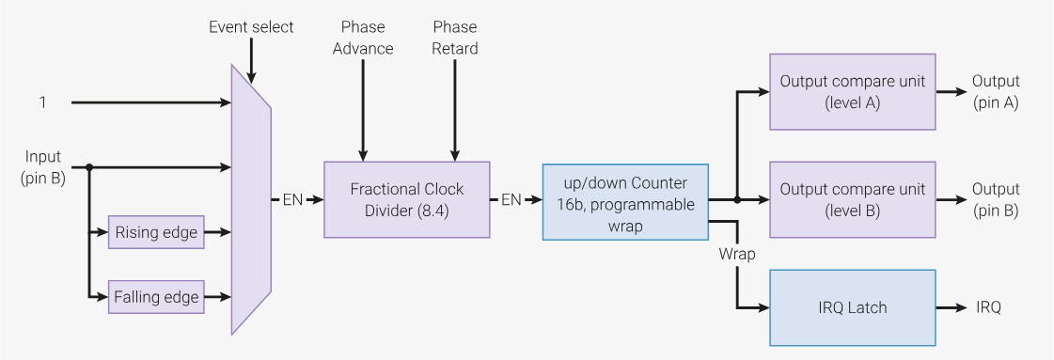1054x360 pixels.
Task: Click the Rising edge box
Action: [x=156, y=232]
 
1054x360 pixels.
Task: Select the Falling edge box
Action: [x=156, y=297]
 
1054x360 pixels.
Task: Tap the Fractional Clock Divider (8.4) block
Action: [x=406, y=199]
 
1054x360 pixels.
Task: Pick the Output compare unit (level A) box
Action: [x=852, y=92]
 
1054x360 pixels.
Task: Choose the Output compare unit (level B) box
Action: [x=852, y=199]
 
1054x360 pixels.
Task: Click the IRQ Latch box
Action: [x=852, y=307]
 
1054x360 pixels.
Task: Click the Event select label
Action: [x=251, y=26]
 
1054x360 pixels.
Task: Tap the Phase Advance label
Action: [x=363, y=38]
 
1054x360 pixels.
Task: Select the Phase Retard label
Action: [x=455, y=38]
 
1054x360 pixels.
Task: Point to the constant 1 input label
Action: [x=42, y=102]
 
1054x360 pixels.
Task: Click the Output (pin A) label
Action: [x=995, y=92]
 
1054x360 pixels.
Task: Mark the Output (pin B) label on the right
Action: [x=995, y=199]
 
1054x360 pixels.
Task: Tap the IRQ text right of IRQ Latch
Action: [x=988, y=307]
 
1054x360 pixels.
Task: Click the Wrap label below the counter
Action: [x=738, y=254]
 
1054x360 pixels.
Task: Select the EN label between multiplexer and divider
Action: [x=292, y=199]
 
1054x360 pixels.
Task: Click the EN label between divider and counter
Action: [x=511, y=199]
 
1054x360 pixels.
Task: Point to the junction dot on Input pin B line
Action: [x=88, y=167]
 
